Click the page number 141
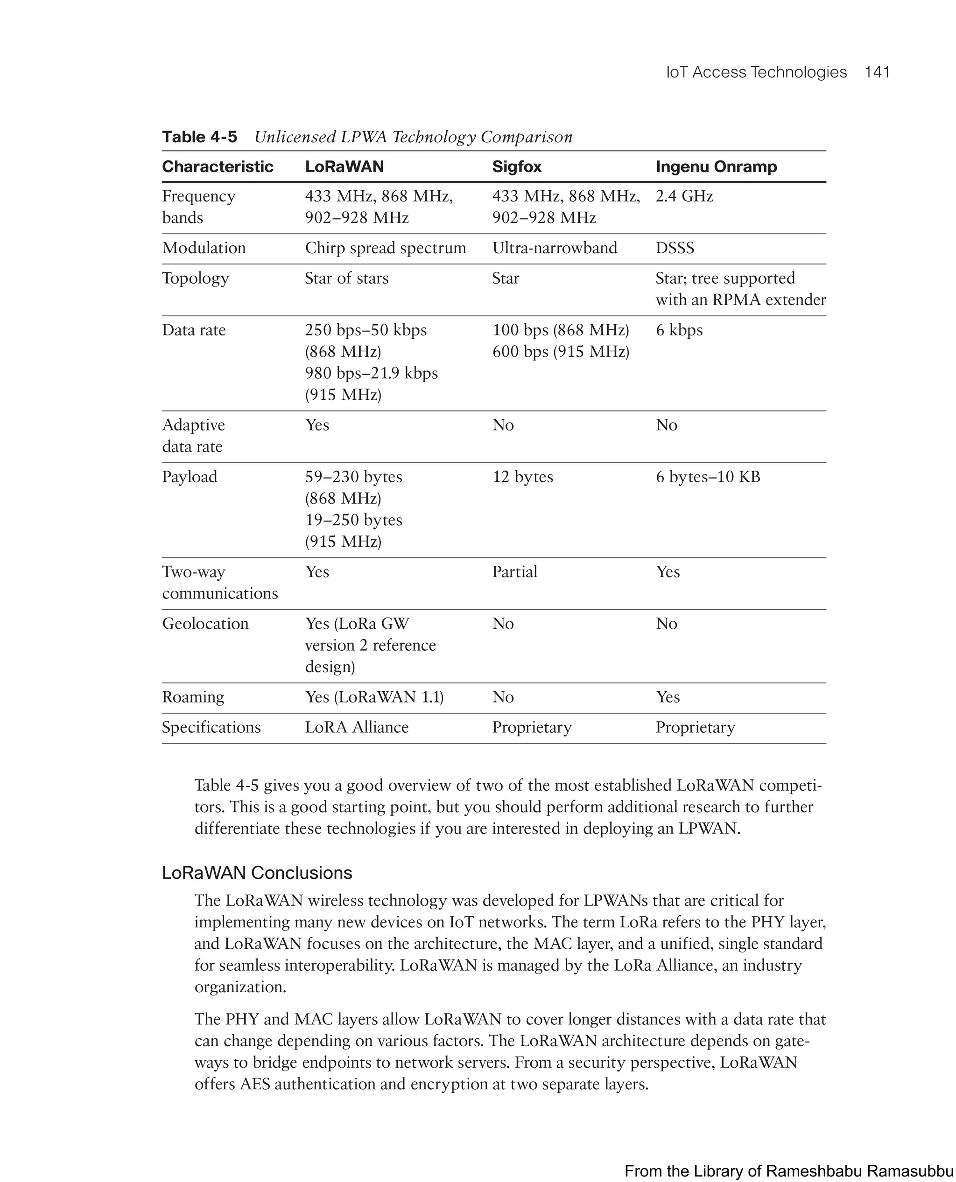click(877, 72)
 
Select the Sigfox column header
click(517, 167)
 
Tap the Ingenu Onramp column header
click(716, 167)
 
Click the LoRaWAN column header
click(344, 167)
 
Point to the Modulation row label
click(204, 248)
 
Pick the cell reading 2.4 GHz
click(684, 196)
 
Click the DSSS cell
click(675, 248)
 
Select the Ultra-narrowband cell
click(554, 248)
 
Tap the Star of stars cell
click(346, 278)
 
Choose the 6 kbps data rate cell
click(679, 330)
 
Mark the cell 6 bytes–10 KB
click(708, 477)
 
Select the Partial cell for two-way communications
click(514, 572)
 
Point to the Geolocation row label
click(205, 624)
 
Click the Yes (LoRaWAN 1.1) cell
click(374, 697)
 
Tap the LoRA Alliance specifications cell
click(356, 728)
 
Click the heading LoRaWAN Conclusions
click(257, 873)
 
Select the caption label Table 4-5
click(199, 137)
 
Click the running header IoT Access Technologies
click(756, 72)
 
